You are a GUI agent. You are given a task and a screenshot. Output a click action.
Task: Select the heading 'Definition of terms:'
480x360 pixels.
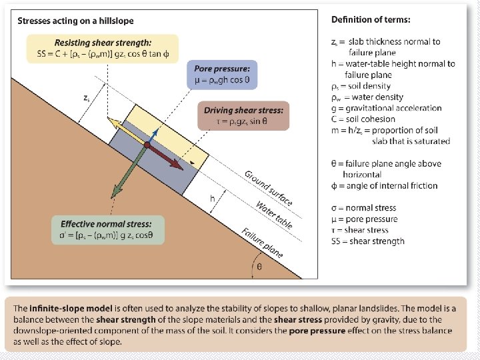[x=371, y=19]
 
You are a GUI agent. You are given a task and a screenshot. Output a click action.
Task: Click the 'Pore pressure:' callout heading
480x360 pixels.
[x=223, y=69]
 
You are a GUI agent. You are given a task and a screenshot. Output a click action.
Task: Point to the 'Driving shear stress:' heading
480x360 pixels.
[x=244, y=110]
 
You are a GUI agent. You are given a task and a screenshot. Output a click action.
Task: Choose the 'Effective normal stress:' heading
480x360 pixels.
[x=106, y=224]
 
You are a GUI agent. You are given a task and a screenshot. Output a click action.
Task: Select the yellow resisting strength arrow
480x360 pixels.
[x=126, y=131]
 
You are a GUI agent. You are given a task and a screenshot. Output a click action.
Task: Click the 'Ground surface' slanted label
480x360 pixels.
[x=269, y=188]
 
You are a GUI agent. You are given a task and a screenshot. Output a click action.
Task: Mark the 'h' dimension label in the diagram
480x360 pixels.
[x=212, y=198]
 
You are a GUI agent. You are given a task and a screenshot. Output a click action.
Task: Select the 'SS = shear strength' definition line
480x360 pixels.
[x=368, y=241]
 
